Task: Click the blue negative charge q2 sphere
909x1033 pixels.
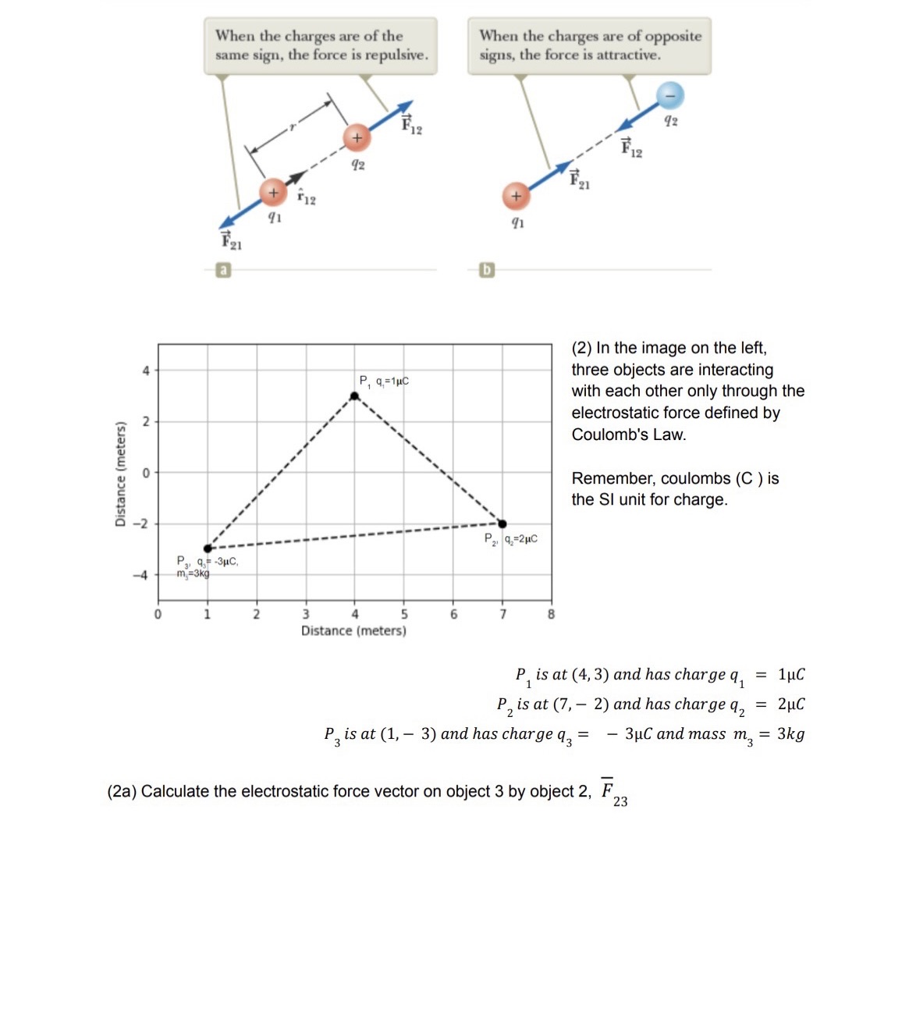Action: [669, 95]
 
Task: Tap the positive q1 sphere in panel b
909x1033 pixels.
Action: [515, 196]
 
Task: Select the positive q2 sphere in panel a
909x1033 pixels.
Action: [357, 137]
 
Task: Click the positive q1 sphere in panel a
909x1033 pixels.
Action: [272, 192]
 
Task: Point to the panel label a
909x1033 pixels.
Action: [223, 270]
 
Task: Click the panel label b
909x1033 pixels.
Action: [487, 270]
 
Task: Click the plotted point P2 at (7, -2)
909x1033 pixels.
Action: [502, 524]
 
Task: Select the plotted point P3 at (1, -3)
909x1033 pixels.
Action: [208, 548]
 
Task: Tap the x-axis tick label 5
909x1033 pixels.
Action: [404, 614]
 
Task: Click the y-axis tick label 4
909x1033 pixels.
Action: [145, 371]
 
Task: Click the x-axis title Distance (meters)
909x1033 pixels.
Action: [353, 630]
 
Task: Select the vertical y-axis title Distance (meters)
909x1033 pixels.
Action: [121, 474]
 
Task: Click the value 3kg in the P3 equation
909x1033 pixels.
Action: [790, 733]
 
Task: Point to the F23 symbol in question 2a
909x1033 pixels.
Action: [613, 791]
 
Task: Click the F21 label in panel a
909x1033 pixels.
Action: [231, 241]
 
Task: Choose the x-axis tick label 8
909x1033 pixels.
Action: [551, 614]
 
